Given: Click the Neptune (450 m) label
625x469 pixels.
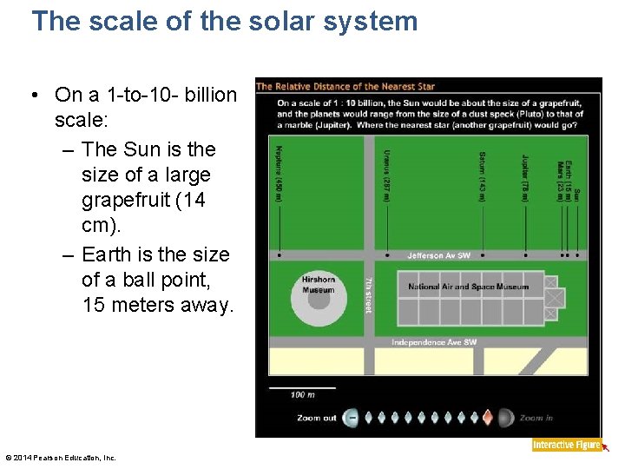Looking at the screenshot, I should [279, 174].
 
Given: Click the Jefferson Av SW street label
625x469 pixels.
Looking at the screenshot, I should [438, 256].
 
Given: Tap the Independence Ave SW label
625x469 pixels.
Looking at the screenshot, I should [433, 342].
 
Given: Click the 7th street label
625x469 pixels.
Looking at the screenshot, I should [368, 294].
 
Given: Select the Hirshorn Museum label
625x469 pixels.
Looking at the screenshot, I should [318, 285].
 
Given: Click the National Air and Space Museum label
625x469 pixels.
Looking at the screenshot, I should [468, 287].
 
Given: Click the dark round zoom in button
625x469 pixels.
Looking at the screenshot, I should [505, 418].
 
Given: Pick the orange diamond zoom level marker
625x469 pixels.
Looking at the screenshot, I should [488, 418].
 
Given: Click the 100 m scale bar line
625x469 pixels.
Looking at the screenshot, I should [302, 387].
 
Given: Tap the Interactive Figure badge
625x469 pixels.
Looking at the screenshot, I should [567, 445].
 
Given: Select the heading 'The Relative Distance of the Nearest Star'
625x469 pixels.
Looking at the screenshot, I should [345, 86].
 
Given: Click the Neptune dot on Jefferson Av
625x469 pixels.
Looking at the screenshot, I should [279, 256].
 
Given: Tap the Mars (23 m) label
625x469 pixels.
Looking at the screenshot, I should [560, 180].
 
